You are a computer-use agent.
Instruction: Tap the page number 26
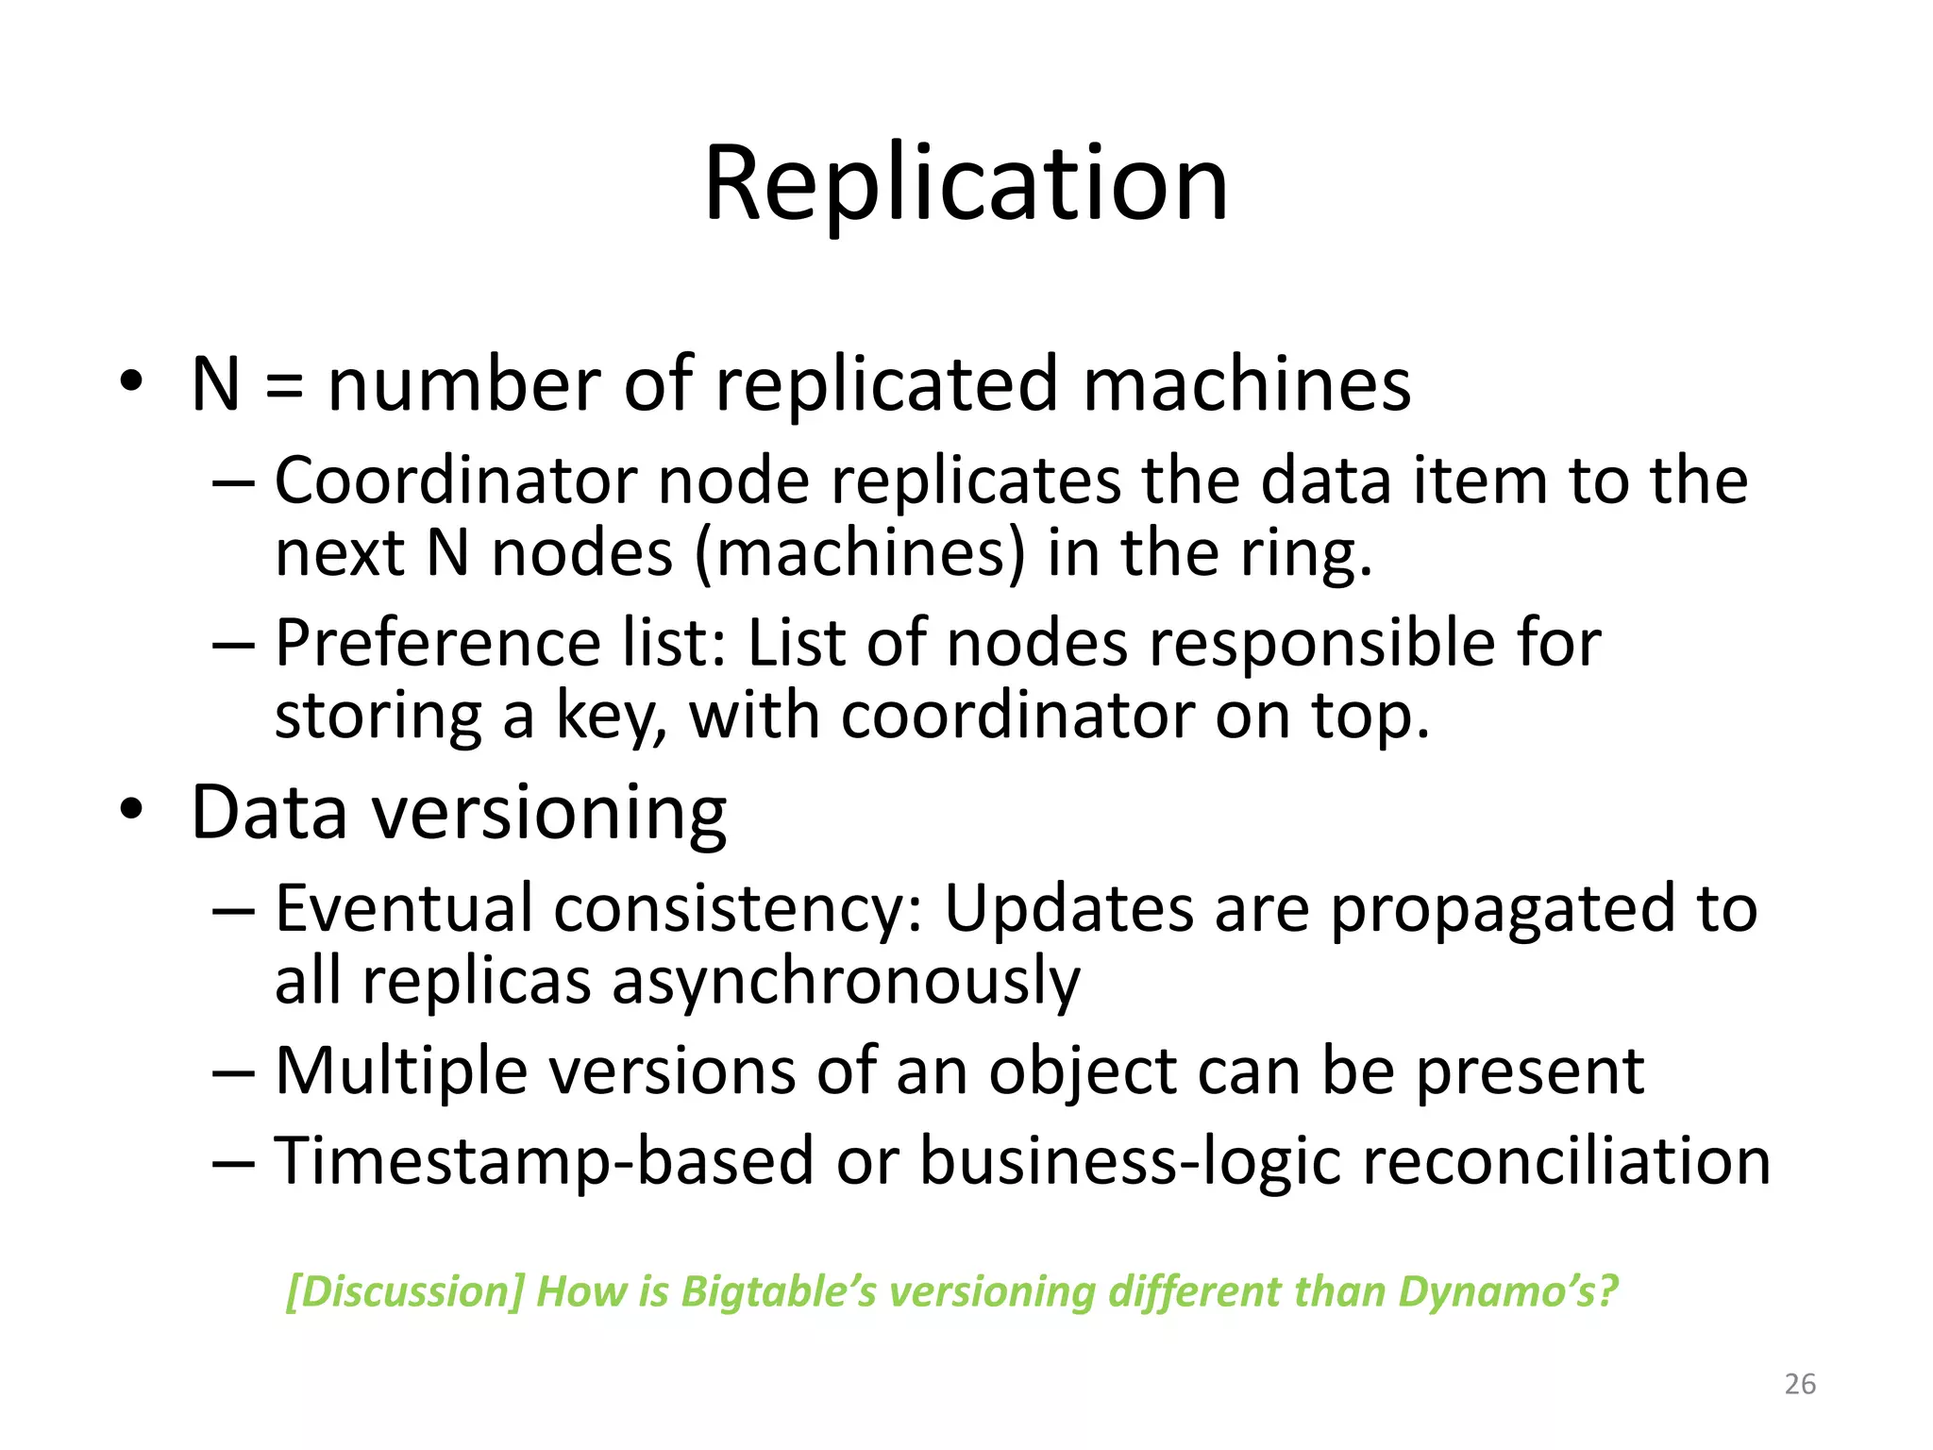point(1800,1384)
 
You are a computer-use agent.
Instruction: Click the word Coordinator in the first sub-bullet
point(457,481)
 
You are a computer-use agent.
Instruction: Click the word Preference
point(438,644)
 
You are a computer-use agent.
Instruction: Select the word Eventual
point(404,908)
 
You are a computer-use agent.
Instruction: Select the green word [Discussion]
point(404,1291)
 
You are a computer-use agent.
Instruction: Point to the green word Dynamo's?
point(1508,1291)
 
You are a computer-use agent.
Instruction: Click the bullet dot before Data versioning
point(131,811)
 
